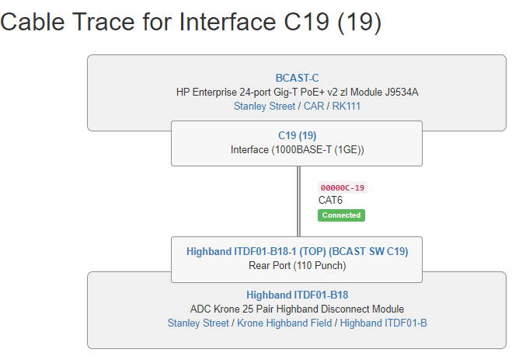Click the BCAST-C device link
coord(297,79)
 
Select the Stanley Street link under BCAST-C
coord(264,107)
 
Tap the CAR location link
coord(314,107)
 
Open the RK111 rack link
coord(347,107)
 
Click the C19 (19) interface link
coord(297,136)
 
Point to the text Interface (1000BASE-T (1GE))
coord(297,150)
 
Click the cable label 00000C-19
coord(343,188)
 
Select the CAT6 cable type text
coord(330,201)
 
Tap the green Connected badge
coord(341,215)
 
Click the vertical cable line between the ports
coord(298,201)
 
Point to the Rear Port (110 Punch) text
coord(297,266)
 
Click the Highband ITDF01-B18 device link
coord(297,295)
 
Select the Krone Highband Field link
coord(284,323)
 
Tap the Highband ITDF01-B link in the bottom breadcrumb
coord(383,323)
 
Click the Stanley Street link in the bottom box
coord(198,323)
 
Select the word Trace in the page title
coord(103,23)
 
